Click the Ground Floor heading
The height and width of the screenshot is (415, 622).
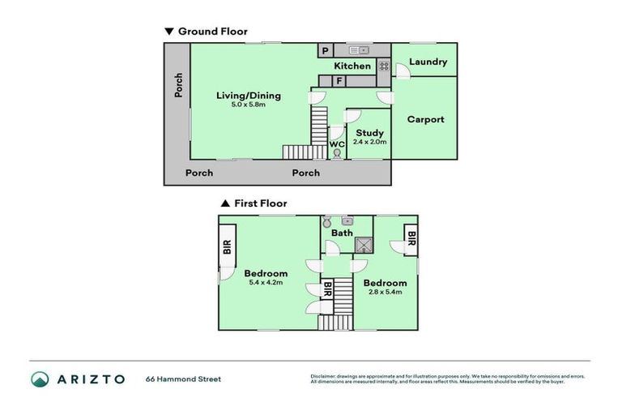pos(212,32)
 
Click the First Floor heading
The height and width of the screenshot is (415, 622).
pos(260,203)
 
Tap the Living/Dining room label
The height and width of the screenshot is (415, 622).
pos(248,96)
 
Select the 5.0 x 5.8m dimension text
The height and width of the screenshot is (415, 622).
pos(248,105)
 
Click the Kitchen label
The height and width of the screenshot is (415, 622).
pos(352,66)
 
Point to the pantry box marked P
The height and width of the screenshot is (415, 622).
pos(325,50)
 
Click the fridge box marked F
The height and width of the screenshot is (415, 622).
pos(339,81)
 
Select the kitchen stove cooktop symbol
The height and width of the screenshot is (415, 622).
pos(383,66)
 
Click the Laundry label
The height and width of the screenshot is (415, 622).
pos(428,62)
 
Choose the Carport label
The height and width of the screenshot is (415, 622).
pos(425,119)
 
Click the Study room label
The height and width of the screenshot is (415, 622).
pos(369,133)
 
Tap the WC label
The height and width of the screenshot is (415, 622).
pos(337,144)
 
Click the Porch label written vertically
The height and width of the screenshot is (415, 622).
pos(178,86)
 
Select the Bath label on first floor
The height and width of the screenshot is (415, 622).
pos(343,233)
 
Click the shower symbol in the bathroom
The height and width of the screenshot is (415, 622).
pos(363,244)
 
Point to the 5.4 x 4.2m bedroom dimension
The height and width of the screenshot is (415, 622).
pos(266,283)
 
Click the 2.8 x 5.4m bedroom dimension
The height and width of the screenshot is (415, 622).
pos(385,292)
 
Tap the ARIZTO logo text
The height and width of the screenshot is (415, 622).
pos(90,379)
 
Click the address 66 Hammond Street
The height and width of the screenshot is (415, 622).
pos(183,379)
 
